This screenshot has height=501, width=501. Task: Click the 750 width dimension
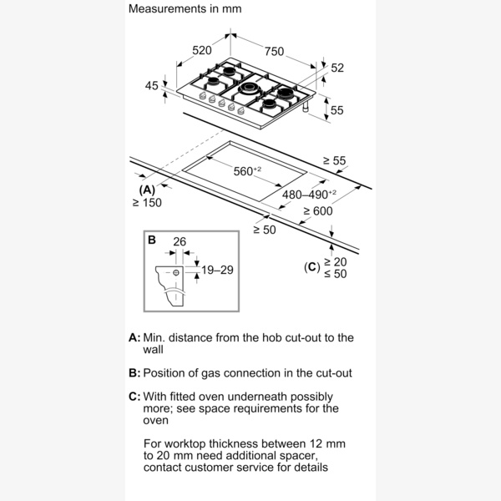point(274,51)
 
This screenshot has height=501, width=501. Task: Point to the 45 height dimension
point(151,85)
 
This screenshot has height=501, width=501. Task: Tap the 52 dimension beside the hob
point(337,68)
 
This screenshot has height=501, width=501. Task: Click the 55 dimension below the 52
point(337,109)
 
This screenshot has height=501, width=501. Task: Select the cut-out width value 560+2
point(247,171)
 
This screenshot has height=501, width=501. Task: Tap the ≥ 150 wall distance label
point(148,204)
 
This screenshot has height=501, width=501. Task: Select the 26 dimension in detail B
point(179,242)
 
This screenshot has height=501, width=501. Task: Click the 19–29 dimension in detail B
point(216,271)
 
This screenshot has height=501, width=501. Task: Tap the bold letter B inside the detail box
point(152,240)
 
